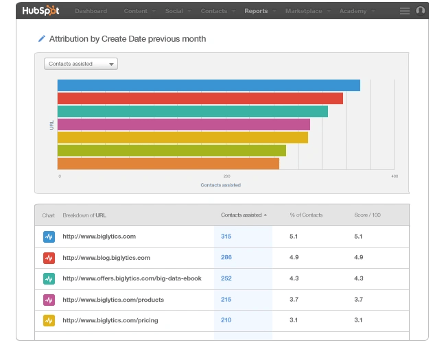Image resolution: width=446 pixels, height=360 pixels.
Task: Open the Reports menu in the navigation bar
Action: pos(256,11)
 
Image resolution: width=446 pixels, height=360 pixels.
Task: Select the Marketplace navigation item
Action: pos(303,11)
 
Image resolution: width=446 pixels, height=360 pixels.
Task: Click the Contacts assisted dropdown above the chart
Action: pos(81,64)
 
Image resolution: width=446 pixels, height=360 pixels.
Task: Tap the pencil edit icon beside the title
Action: pos(41,39)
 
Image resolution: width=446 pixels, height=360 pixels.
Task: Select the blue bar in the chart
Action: pos(209,85)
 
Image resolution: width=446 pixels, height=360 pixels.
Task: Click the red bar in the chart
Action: pos(200,98)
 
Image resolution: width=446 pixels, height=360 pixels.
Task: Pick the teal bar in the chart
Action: pos(192,111)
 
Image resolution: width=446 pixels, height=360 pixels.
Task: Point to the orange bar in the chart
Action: pos(168,163)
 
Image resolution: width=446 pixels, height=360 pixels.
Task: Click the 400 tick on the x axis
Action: pos(394,176)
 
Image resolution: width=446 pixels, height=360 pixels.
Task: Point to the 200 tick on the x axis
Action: pos(226,176)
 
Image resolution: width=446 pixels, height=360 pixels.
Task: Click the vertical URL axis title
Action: pos(52,124)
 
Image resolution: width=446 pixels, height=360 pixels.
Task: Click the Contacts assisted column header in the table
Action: pos(242,215)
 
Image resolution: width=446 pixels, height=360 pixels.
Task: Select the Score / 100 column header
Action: pos(367,215)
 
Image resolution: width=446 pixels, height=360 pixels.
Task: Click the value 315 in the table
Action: pos(226,237)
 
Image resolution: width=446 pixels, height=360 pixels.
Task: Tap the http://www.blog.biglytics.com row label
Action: pos(106,258)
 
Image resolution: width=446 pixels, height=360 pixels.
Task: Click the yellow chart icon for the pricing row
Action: pos(49,320)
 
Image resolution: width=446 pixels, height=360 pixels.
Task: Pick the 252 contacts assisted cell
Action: pos(226,278)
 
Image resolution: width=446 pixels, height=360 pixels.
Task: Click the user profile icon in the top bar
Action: pos(421,10)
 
